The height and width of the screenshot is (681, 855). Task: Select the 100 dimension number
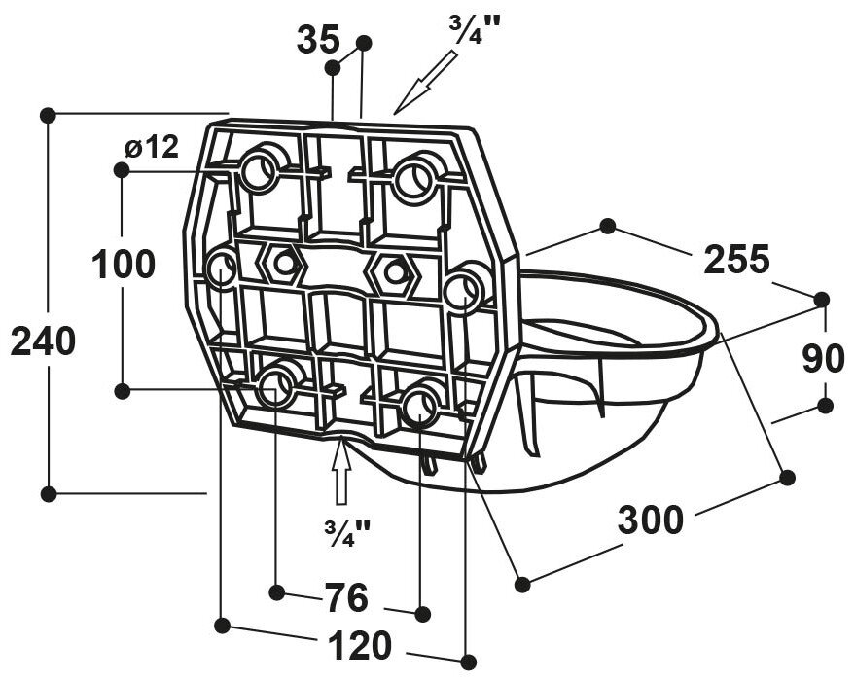(124, 264)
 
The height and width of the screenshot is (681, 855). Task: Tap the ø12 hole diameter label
(152, 148)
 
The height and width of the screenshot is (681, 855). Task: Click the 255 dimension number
(736, 260)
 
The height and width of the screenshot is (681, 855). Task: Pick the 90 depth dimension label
(823, 358)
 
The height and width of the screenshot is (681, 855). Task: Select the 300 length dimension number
(651, 520)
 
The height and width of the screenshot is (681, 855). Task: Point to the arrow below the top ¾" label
(425, 80)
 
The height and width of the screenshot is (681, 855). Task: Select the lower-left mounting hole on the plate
(276, 388)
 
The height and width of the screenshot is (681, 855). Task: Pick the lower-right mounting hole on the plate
(421, 405)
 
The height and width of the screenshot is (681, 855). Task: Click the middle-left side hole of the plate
(223, 268)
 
